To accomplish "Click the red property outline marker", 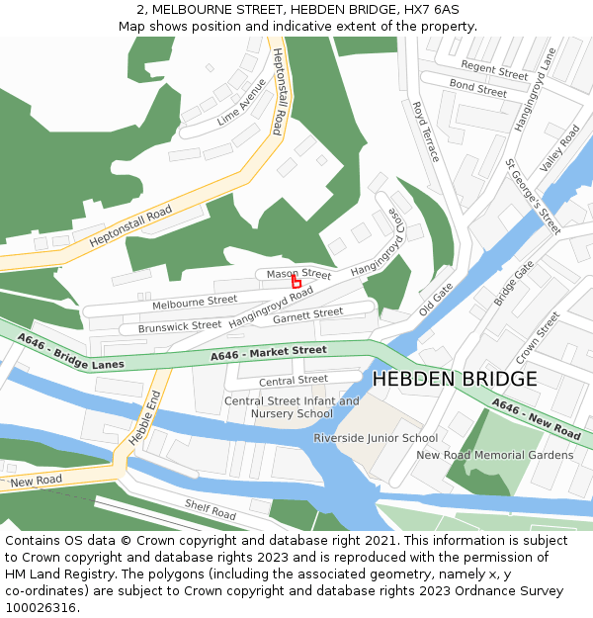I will coord(296,282).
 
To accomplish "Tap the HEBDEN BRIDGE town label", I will coord(455,379).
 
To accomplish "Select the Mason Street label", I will coord(298,273).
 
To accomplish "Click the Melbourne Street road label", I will coord(195,301).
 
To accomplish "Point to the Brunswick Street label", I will coord(180,325).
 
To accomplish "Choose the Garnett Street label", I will coord(307,315).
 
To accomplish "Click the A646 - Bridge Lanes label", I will coord(70,353).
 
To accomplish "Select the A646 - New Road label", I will coord(536,419).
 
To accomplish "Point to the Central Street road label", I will coord(293,380).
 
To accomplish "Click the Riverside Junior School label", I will coord(376,438).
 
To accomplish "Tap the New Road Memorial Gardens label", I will coord(494,455).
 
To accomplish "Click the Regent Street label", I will coord(494,70).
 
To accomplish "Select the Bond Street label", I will coord(477,89).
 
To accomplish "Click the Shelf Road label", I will coord(211,509).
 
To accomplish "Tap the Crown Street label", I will coord(538,336).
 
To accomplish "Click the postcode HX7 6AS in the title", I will coord(431,9).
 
